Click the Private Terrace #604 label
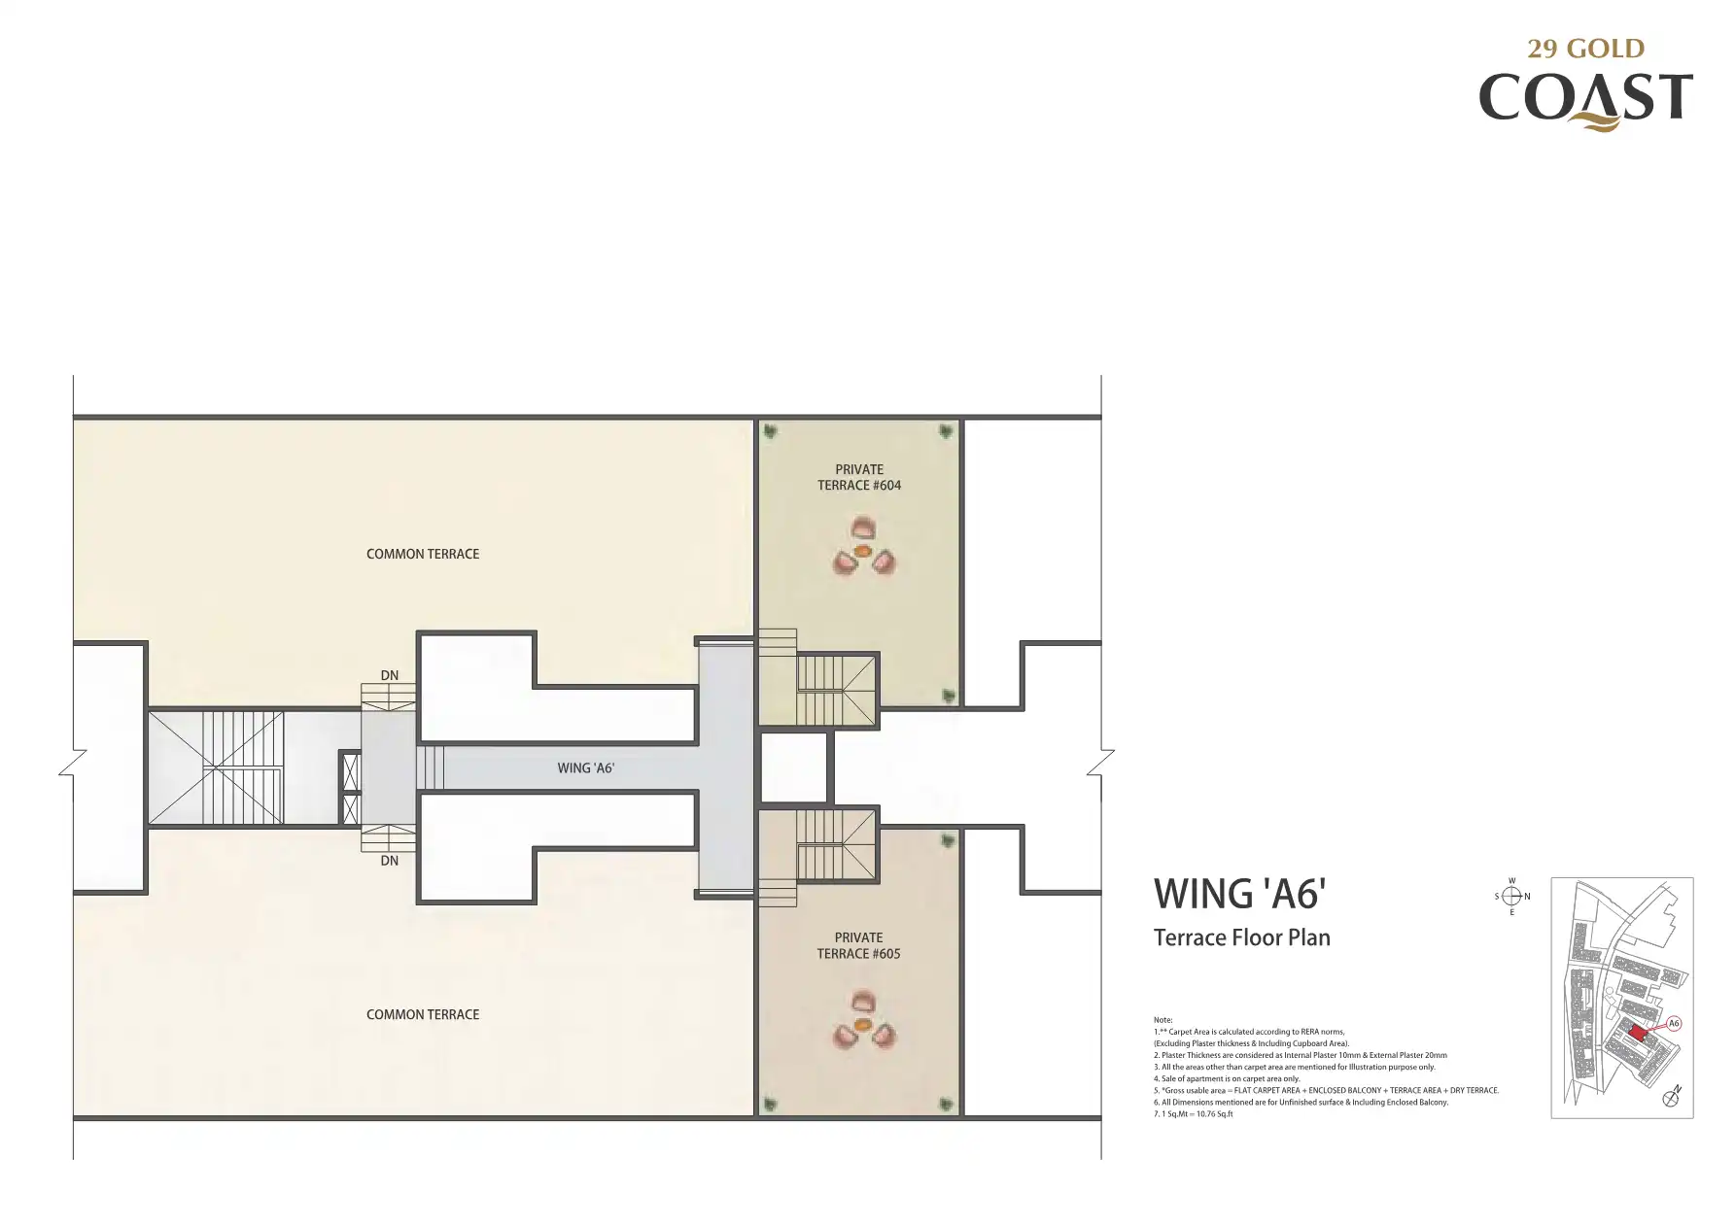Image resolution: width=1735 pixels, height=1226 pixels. coord(859,477)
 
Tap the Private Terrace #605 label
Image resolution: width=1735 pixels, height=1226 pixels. coord(858,945)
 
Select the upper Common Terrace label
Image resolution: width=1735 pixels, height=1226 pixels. coord(423,554)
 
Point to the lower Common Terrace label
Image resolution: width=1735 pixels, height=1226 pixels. coord(423,1014)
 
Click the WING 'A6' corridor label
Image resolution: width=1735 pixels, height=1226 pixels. coord(585,767)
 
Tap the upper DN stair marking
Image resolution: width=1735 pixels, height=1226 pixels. coord(390,675)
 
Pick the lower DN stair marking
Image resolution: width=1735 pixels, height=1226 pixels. coord(390,861)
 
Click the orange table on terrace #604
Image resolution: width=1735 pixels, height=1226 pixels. coord(861,551)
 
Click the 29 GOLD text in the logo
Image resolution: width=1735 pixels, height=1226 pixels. coord(1585,49)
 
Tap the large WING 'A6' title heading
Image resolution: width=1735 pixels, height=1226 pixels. coord(1239,894)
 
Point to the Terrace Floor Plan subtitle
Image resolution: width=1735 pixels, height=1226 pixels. coord(1241,937)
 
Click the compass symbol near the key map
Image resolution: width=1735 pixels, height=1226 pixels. coord(1511,897)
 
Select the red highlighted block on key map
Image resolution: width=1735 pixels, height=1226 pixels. coord(1638,1034)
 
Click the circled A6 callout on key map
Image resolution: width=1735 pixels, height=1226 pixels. coord(1674,1023)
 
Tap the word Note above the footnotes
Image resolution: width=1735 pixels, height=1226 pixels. coord(1162,1020)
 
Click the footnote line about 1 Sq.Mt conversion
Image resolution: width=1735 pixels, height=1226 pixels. coord(1193,1114)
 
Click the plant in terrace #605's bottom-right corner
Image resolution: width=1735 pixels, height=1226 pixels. coord(947,1104)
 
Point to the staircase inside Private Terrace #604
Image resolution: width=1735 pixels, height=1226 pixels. coord(836,690)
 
